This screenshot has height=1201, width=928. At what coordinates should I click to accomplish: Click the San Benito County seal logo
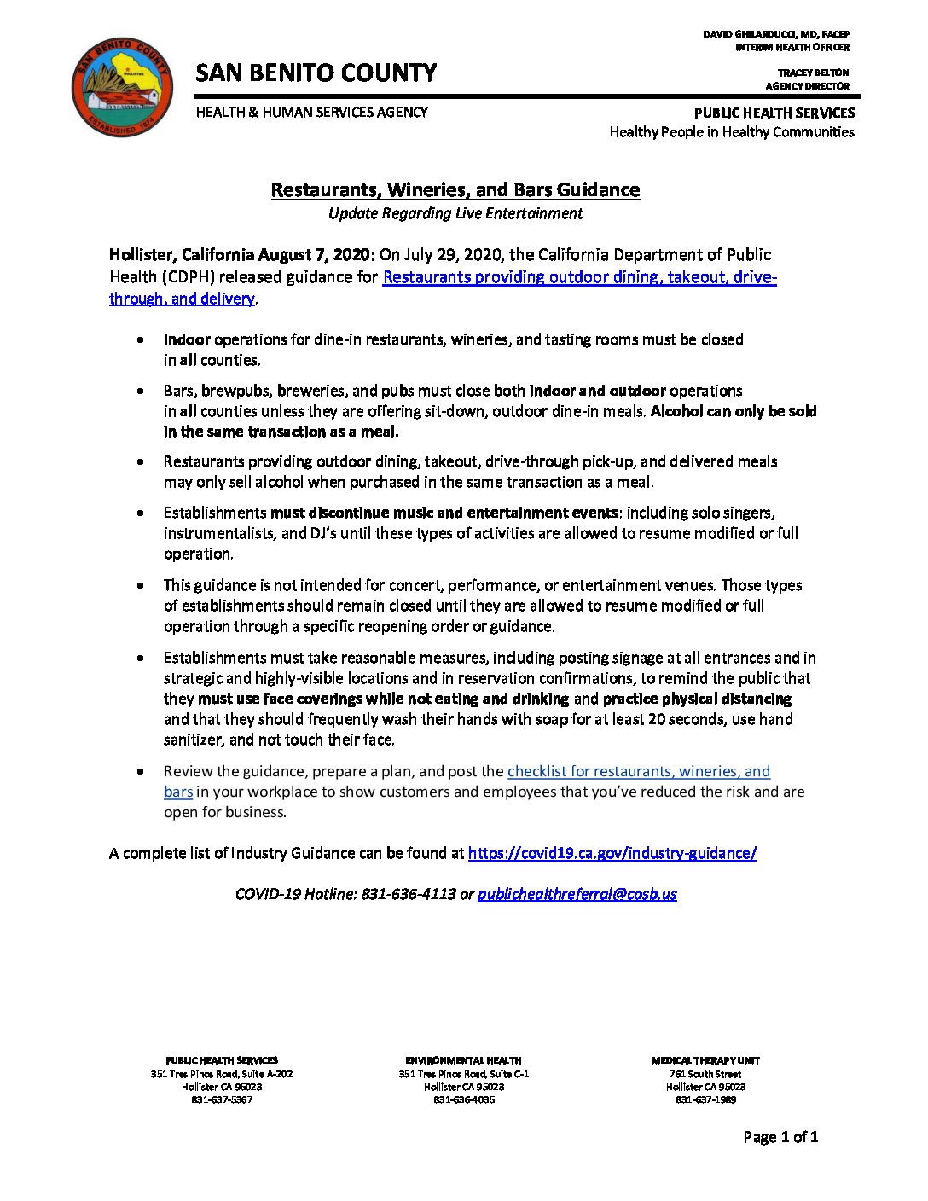[x=123, y=86]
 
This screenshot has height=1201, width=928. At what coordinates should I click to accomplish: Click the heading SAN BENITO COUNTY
[x=316, y=73]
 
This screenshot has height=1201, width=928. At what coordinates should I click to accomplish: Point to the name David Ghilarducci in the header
[x=775, y=34]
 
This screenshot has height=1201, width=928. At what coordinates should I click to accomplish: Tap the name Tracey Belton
[x=813, y=73]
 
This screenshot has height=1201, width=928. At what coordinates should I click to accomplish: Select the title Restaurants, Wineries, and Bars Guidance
[x=455, y=189]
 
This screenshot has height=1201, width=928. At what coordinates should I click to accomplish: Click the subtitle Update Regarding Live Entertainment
[x=455, y=213]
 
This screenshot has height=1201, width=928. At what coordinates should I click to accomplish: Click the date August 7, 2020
[x=316, y=254]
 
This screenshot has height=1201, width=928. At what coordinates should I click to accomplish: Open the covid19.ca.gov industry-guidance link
[x=612, y=853]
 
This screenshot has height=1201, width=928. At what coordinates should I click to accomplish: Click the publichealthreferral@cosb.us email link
[x=577, y=894]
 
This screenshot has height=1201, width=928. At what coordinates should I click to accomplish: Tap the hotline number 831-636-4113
[x=408, y=894]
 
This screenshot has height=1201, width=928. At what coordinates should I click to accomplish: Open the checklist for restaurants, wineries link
[x=638, y=771]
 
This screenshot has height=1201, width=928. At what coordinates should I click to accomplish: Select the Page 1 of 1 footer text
[x=780, y=1136]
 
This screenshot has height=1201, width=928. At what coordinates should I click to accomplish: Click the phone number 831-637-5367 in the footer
[x=222, y=1099]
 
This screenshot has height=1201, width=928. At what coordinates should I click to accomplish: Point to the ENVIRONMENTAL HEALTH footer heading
[x=463, y=1060]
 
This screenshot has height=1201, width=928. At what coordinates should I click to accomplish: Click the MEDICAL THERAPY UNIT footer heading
[x=705, y=1060]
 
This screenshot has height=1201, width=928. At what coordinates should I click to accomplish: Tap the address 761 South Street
[x=705, y=1074]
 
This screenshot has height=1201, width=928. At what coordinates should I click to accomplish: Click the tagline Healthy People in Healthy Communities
[x=731, y=132]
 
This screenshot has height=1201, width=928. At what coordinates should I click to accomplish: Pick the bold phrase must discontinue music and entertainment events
[x=444, y=513]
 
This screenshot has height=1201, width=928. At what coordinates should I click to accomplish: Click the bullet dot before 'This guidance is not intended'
[x=141, y=586]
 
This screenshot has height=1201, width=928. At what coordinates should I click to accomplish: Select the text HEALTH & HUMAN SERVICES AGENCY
[x=311, y=112]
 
